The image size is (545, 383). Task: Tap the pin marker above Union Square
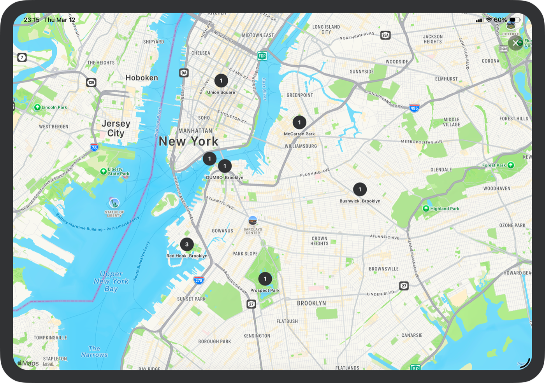[221, 81]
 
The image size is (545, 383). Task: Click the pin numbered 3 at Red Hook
[187, 245]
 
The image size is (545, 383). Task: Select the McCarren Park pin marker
[299, 122]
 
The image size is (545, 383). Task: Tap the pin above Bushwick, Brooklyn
[360, 189]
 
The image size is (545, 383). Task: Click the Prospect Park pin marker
[265, 279]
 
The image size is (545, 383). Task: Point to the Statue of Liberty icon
[114, 203]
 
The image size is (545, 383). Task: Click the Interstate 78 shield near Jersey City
[94, 147]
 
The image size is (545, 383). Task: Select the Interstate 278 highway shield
[199, 280]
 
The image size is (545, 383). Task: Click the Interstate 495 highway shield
[414, 108]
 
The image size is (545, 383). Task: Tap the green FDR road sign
[262, 56]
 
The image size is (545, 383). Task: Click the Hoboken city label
[142, 78]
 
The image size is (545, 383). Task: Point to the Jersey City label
[116, 128]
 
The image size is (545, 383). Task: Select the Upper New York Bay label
[111, 281]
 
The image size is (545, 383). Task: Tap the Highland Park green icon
[426, 209]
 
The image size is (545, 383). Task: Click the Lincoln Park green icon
[37, 107]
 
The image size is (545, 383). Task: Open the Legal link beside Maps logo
[48, 364]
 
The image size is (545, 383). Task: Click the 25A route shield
[385, 35]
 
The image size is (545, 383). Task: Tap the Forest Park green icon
[511, 165]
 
